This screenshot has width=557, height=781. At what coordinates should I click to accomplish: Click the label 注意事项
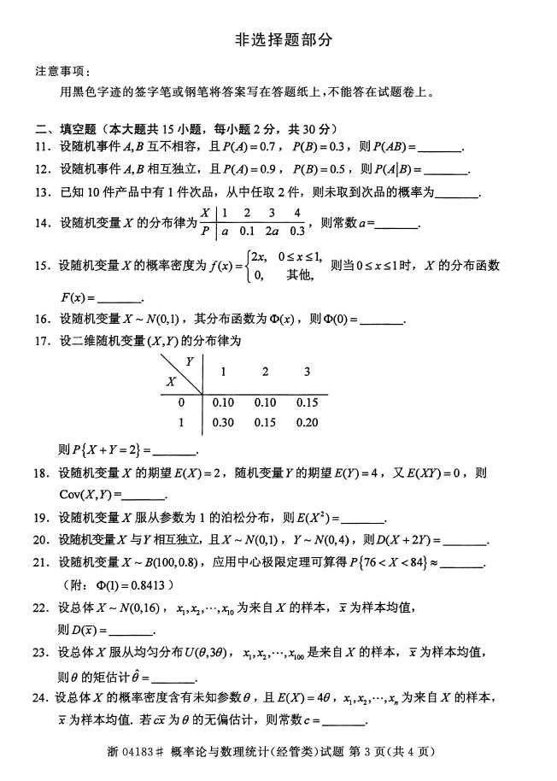(61, 71)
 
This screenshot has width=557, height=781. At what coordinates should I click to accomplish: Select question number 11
(43, 146)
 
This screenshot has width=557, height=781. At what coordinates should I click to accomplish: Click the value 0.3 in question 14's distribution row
(296, 231)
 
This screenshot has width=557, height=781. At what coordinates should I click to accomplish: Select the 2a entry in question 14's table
(271, 231)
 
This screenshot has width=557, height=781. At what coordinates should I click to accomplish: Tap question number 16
(43, 320)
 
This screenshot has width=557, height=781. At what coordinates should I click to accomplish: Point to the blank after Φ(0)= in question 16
(382, 322)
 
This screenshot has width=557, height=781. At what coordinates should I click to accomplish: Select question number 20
(43, 540)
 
